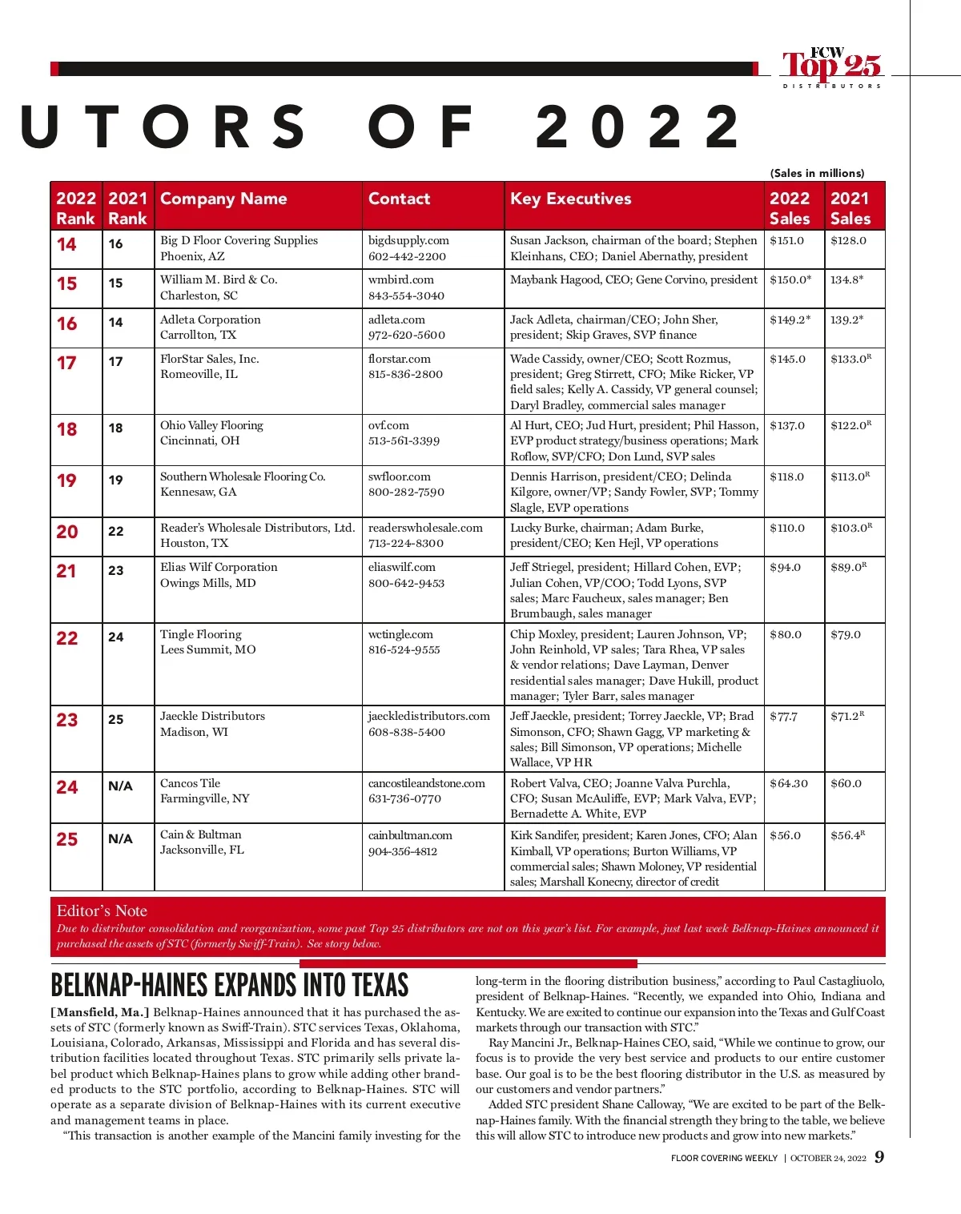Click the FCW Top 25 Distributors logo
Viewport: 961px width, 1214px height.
coord(831,67)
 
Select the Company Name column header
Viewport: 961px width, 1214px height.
coord(223,199)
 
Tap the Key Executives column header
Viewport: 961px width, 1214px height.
coord(570,199)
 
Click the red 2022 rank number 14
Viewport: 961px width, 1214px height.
coord(67,244)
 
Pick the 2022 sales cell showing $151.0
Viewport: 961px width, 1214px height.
coord(786,240)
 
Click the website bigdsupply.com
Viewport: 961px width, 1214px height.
coord(408,240)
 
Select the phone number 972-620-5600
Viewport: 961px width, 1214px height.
coord(407,335)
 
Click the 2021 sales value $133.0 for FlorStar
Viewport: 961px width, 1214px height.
coord(850,359)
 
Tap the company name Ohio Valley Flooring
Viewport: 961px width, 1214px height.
coord(211,425)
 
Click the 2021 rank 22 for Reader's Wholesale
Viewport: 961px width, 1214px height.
coord(116,531)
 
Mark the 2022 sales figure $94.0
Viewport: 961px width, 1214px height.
coord(785,567)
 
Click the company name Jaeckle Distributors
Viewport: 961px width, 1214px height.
coord(212,716)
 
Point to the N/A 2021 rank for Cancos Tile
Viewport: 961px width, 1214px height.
coord(120,786)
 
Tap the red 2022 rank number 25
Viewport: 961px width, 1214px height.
coord(67,839)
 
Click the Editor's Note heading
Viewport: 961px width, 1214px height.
coord(102,910)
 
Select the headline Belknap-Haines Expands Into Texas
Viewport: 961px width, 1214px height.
coord(229,985)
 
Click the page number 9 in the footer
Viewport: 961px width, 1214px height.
coord(879,1157)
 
